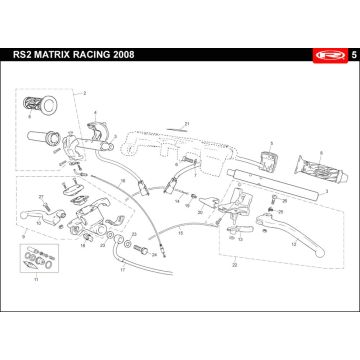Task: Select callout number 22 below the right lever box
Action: coord(233,266)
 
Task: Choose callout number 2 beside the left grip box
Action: coord(87,92)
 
